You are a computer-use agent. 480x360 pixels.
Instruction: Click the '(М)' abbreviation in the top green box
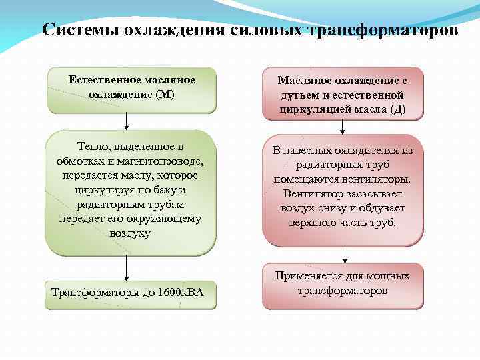pos(163,94)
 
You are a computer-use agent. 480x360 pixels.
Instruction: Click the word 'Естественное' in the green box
pos(101,80)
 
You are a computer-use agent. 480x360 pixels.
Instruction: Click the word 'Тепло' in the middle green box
pos(93,146)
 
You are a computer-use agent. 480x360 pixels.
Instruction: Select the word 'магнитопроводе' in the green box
pos(165,161)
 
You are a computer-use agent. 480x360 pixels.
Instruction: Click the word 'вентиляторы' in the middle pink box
pos(377,180)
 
